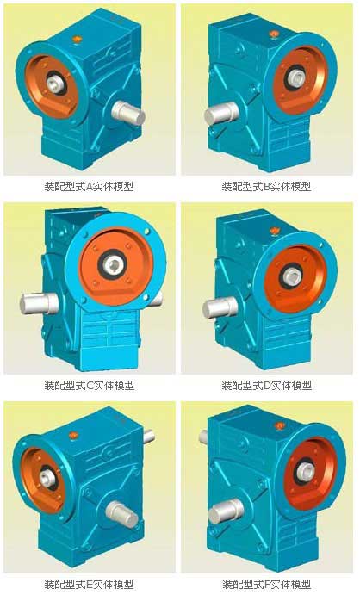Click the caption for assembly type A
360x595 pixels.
pos(89,186)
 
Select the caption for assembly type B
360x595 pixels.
pos(266,186)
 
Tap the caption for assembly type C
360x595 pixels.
pos(90,386)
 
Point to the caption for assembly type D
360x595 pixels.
pos(267,386)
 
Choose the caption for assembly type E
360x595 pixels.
pos(89,584)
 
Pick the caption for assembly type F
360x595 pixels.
pos(266,584)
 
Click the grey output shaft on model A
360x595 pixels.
pos(128,113)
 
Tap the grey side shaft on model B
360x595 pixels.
pos(221,114)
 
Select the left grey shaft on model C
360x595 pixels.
pos(39,303)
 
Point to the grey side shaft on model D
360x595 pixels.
pos(220,307)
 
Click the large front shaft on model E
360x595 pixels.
pos(121,514)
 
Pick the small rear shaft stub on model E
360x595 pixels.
pos(149,436)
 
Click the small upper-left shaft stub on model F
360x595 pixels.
pos(203,437)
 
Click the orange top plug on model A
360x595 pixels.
pos(78,39)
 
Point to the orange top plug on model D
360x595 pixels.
pos(274,231)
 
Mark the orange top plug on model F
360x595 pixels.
pos(280,425)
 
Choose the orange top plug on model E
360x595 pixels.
pos(73,436)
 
